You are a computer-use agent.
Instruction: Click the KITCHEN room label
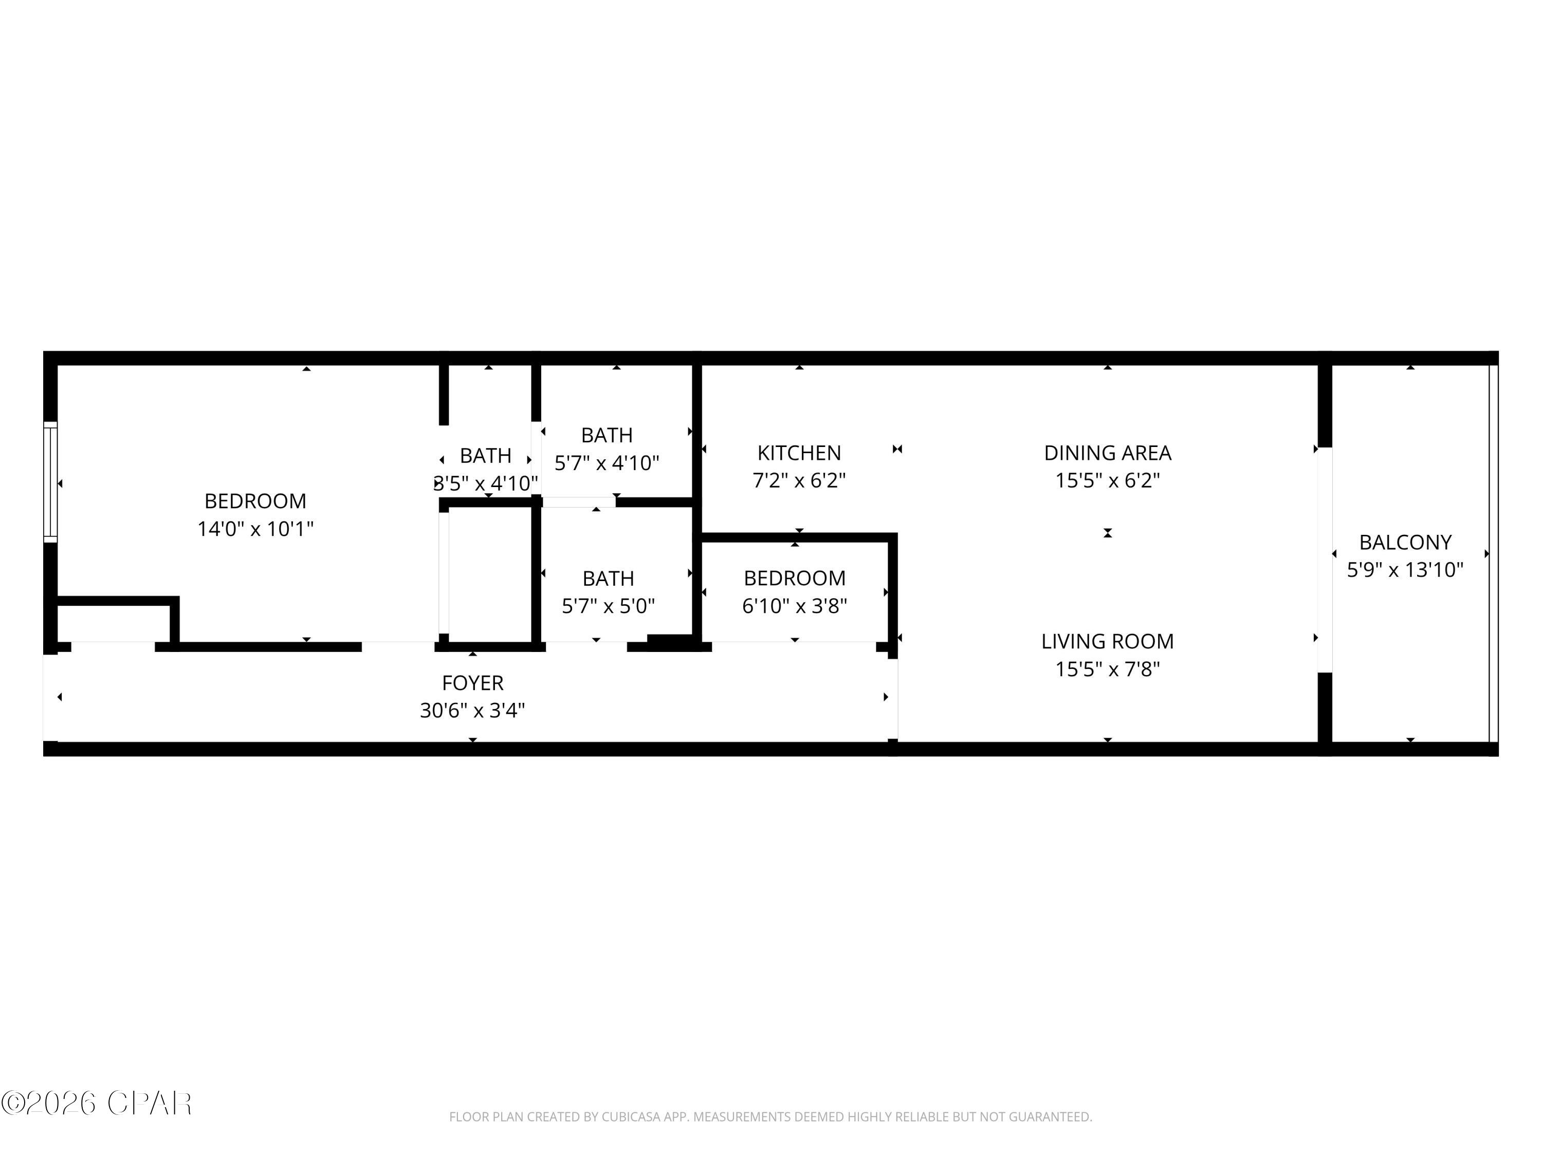799,453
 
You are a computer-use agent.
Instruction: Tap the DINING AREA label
1107,453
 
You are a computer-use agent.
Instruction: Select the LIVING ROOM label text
1107,641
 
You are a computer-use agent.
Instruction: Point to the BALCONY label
1405,542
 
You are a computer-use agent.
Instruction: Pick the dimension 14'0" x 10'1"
255,529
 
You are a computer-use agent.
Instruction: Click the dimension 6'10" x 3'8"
794,606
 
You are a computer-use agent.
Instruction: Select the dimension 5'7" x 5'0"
608,606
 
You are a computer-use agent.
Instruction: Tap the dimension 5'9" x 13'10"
1405,570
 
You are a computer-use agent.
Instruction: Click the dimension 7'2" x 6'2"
799,480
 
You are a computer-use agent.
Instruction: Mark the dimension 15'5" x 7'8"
1107,669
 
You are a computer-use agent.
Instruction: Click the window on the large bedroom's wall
50,481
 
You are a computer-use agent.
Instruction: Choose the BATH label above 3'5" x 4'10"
485,456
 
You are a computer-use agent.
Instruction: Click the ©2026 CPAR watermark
96,1103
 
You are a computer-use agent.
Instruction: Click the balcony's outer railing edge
1493,554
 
